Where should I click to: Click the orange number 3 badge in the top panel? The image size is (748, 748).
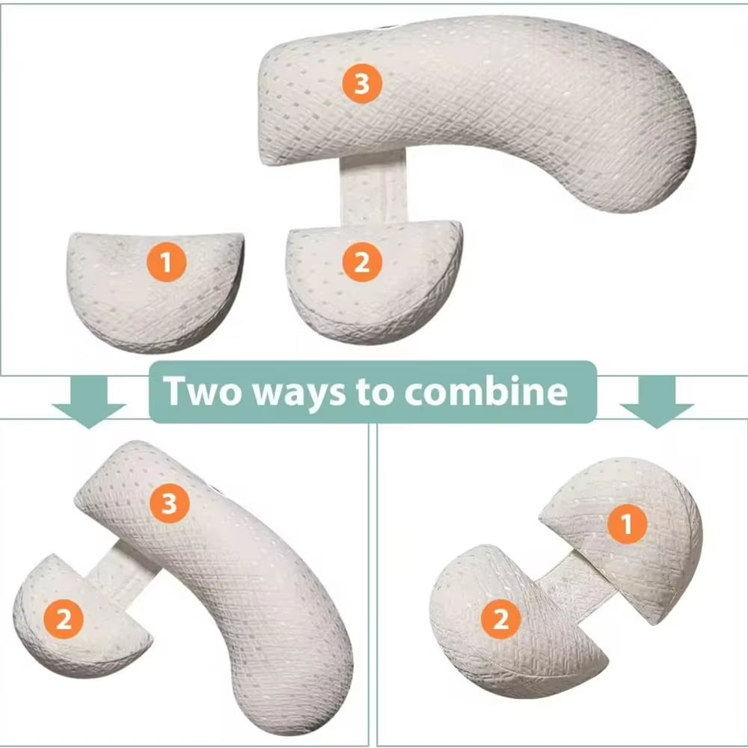pyautogui.click(x=362, y=84)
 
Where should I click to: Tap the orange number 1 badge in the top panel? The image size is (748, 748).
pyautogui.click(x=166, y=263)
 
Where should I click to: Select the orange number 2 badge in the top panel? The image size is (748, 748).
pyautogui.click(x=361, y=263)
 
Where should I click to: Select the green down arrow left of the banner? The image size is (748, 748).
pyautogui.click(x=88, y=401)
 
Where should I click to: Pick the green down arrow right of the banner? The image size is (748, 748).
pyautogui.click(x=657, y=401)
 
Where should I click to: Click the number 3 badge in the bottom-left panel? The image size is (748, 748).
pyautogui.click(x=169, y=505)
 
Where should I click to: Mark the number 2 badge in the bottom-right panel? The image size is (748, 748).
pyautogui.click(x=500, y=619)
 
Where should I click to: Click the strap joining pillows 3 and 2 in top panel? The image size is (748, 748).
pyautogui.click(x=373, y=187)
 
